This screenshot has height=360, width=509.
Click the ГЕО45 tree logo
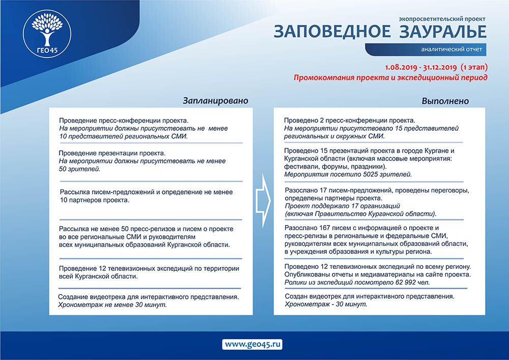(x=47, y=34)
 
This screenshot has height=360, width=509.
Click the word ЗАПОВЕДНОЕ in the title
(x=332, y=32)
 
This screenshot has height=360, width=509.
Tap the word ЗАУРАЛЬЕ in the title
(x=442, y=32)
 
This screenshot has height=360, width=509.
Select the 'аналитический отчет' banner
(x=426, y=49)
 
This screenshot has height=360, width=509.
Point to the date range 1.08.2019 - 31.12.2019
(x=421, y=67)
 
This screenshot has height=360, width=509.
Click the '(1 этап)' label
(x=474, y=67)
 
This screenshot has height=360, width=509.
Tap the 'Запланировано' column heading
(x=215, y=101)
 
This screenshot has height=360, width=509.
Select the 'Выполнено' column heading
(x=445, y=101)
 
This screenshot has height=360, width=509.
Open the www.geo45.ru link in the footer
(x=252, y=344)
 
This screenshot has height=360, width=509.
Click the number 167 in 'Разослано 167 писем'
(x=325, y=228)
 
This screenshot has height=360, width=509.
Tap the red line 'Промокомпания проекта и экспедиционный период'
(x=390, y=77)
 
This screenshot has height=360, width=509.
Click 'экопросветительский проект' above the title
(x=442, y=19)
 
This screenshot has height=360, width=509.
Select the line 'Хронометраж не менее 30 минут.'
(x=112, y=305)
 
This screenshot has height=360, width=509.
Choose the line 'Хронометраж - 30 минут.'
(x=326, y=304)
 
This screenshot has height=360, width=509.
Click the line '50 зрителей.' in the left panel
(x=79, y=169)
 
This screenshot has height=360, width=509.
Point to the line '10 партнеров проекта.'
(x=95, y=200)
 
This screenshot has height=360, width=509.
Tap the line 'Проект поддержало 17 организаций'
(x=343, y=206)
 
